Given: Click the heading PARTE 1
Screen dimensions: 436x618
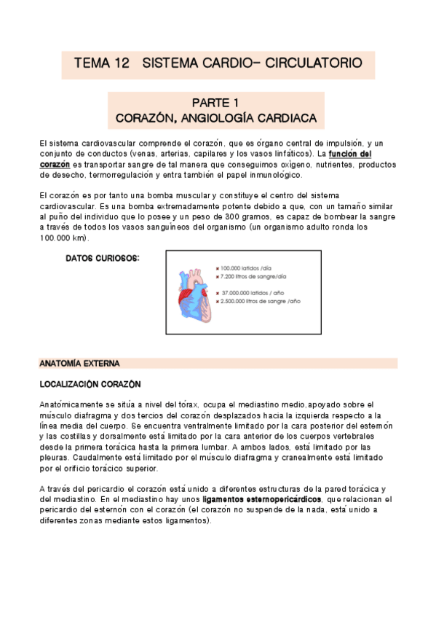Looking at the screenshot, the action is [x=216, y=102].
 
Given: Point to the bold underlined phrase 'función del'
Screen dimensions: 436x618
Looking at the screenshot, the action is [x=350, y=154].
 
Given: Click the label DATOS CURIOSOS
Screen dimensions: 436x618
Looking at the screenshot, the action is [x=103, y=258].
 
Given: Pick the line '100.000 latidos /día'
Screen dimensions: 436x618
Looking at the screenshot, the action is [x=252, y=268].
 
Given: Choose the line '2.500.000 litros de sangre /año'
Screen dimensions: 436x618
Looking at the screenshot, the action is [x=261, y=301].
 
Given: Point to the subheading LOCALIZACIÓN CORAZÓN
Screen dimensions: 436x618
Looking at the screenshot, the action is [x=90, y=383].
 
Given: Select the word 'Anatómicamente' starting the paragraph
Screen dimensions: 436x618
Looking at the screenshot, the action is [x=70, y=404].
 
